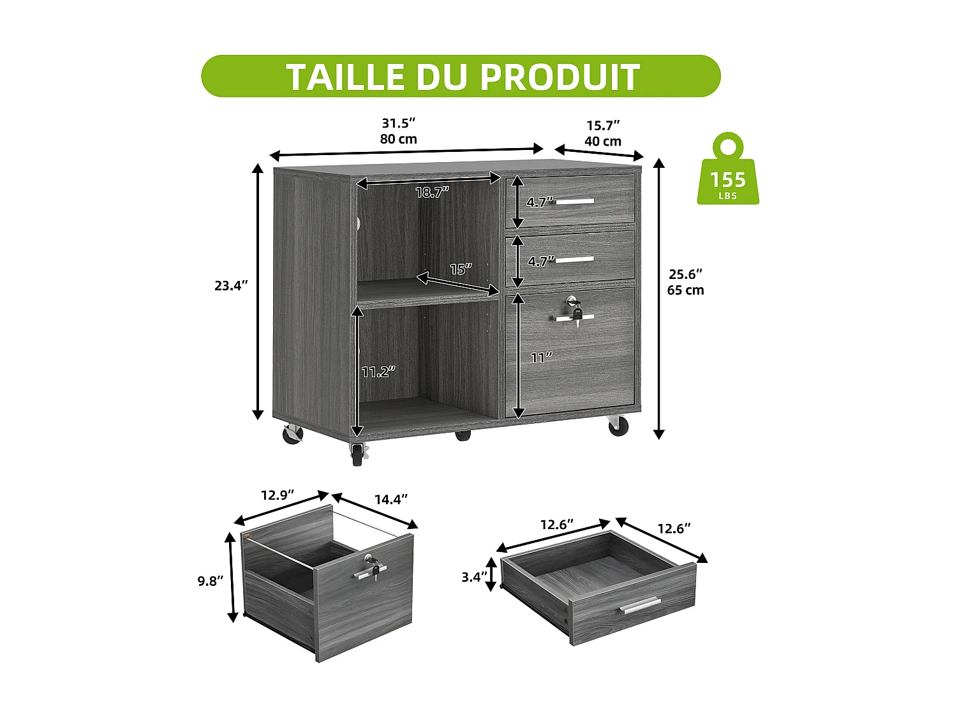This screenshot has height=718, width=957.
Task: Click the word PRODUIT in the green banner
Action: click(x=560, y=77)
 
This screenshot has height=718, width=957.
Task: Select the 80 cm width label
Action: click(x=398, y=139)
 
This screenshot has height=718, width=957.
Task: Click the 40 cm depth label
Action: click(x=602, y=141)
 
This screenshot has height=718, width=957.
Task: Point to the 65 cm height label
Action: click(x=685, y=290)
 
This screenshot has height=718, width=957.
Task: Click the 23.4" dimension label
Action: click(x=230, y=286)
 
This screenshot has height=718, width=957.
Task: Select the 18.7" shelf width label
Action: click(x=432, y=192)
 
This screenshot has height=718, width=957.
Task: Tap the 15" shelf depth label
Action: click(x=460, y=269)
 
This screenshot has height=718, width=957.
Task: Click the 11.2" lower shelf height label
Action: click(x=378, y=371)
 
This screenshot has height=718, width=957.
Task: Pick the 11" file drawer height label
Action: click(x=540, y=358)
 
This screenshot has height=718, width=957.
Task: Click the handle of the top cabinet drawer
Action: click(x=575, y=202)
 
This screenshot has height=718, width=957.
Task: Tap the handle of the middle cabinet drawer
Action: click(x=575, y=259)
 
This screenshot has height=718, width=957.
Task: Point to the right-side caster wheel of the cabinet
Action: click(x=618, y=426)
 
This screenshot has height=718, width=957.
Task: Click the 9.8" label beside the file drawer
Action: click(x=211, y=581)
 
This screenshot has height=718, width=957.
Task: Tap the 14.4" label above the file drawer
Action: click(x=390, y=499)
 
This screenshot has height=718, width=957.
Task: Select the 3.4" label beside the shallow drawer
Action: click(x=474, y=577)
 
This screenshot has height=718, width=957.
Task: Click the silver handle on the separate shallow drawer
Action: click(x=640, y=606)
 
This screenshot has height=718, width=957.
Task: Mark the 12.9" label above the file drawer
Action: click(x=277, y=495)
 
